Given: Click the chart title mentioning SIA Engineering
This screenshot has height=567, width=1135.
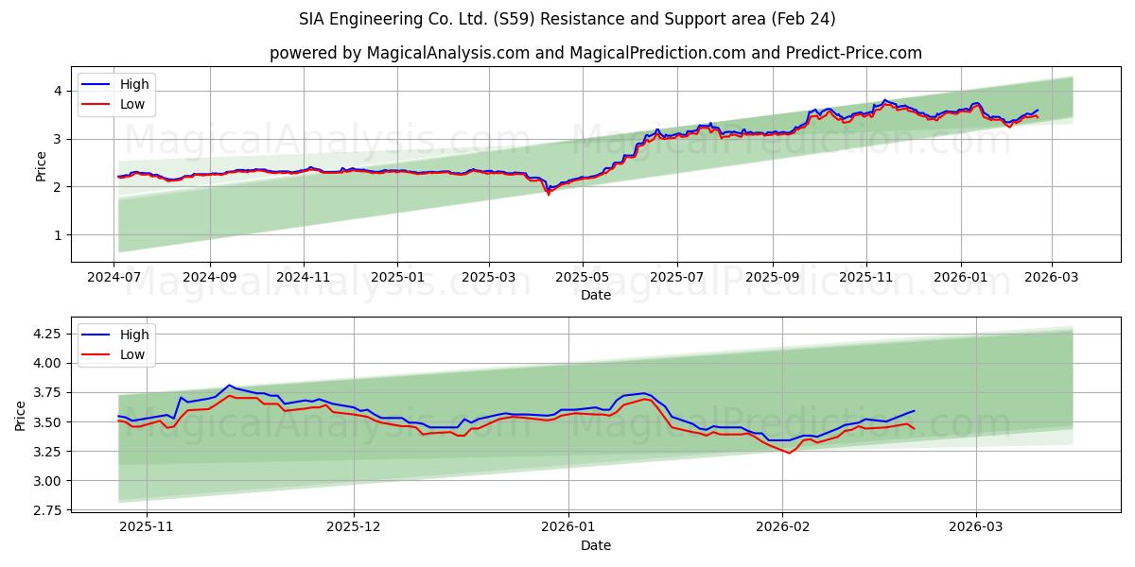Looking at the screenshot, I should tap(567, 19).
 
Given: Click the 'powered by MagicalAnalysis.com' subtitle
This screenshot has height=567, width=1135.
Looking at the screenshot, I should tap(595, 53).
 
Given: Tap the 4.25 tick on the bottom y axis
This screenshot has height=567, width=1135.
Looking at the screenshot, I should tap(47, 334).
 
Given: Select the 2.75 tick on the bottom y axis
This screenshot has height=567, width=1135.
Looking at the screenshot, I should tap(47, 510).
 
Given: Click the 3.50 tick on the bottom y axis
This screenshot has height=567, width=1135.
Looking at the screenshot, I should tap(47, 421).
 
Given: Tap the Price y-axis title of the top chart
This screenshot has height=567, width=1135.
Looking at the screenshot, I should tap(41, 166).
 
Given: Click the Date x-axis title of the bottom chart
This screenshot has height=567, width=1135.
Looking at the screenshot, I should tap(596, 546).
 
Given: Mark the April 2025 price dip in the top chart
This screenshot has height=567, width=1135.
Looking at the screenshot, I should tap(548, 193).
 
